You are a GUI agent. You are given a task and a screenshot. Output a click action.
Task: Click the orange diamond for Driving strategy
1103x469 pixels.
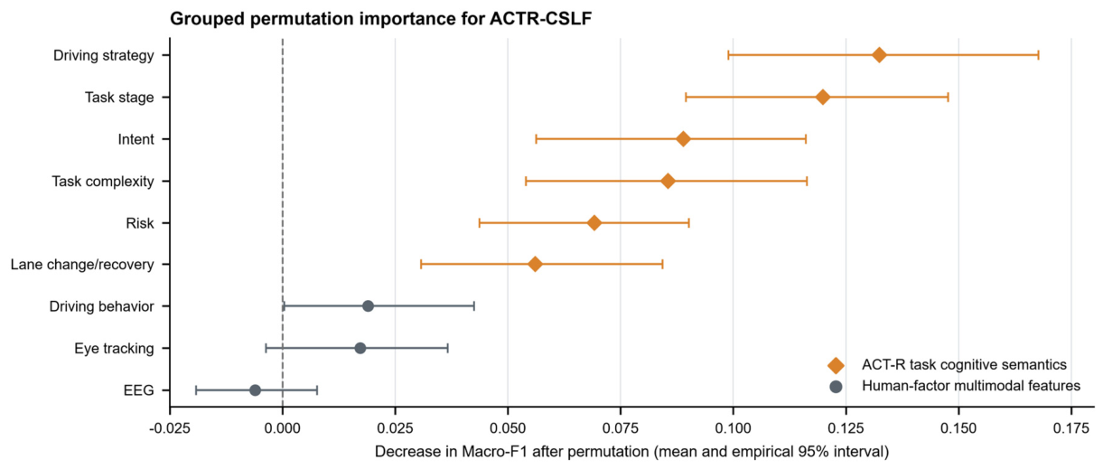tap(879, 55)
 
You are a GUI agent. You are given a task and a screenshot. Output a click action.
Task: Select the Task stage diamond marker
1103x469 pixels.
tap(822, 97)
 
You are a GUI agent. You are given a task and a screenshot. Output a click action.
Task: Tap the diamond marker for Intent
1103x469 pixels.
tap(683, 139)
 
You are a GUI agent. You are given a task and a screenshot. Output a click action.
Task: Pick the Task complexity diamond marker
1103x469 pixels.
tap(668, 182)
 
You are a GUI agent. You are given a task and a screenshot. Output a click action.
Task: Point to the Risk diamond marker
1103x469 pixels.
tap(594, 222)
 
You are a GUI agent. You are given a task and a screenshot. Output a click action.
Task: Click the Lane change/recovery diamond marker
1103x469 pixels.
tap(536, 265)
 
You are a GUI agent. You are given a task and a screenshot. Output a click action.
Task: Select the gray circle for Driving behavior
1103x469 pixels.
tap(368, 306)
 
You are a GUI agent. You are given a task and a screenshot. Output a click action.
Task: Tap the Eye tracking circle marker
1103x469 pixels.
tap(360, 348)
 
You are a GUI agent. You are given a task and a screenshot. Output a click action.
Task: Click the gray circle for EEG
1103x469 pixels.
tap(255, 390)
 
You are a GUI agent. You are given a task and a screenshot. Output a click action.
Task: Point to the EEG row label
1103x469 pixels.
tap(139, 390)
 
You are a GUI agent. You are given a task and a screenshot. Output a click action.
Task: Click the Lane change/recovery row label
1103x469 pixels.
tap(82, 265)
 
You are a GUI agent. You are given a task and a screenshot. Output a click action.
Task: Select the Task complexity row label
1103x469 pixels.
tap(103, 182)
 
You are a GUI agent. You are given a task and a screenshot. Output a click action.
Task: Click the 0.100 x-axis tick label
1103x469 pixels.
tap(734, 428)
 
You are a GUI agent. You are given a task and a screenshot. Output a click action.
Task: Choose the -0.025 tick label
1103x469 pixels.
tap(170, 428)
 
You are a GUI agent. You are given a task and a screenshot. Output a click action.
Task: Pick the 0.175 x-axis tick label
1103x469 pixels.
tap(1071, 428)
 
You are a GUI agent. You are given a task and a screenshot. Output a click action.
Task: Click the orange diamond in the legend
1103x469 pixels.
tap(836, 365)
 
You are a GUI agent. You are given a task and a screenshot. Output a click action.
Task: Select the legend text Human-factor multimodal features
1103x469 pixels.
tap(971, 386)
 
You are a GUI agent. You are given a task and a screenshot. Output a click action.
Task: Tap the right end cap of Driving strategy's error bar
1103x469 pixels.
tap(1039, 55)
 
